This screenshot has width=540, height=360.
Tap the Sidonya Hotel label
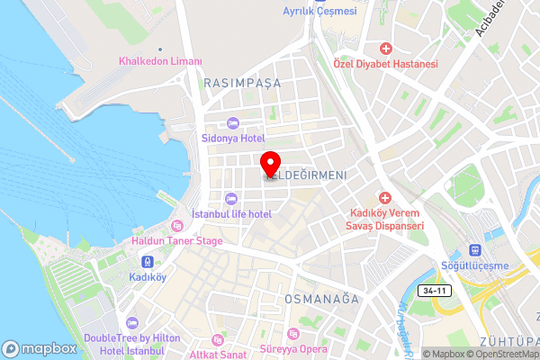(232, 138)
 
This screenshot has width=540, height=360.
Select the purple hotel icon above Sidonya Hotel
(232, 122)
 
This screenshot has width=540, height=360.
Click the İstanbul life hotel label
(232, 213)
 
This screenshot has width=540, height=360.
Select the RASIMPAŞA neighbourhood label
(242, 82)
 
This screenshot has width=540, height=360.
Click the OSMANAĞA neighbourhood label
(321, 298)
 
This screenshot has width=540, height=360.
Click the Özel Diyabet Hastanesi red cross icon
(385, 48)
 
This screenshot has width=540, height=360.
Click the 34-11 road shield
(433, 290)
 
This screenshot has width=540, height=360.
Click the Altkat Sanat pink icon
(216, 339)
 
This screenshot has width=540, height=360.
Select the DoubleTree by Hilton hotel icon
(134, 321)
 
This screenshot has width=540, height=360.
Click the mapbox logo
(39, 348)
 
